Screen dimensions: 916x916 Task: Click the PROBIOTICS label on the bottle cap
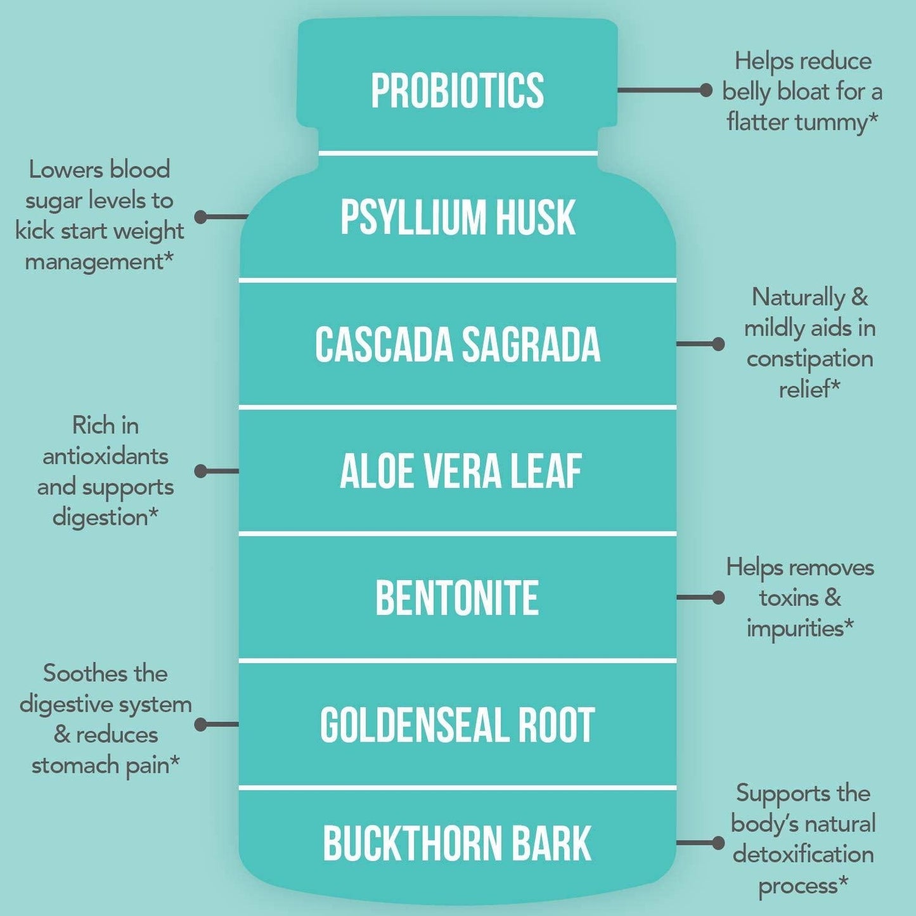click(457, 91)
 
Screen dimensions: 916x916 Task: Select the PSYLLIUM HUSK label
click(457, 217)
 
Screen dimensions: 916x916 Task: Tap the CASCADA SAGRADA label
click(457, 345)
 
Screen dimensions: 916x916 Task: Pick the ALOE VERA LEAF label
click(460, 472)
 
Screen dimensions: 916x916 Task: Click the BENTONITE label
click(457, 598)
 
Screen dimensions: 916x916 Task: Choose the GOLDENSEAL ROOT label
click(457, 725)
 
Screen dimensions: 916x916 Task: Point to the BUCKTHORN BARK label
click(457, 844)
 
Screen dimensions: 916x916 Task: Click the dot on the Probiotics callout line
click(706, 90)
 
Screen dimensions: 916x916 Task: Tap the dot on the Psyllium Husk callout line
click(201, 217)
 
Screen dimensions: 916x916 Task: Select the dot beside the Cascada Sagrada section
click(718, 344)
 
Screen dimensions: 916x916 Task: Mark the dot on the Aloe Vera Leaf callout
click(201, 471)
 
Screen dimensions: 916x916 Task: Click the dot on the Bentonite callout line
click(718, 597)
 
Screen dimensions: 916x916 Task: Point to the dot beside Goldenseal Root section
click(201, 724)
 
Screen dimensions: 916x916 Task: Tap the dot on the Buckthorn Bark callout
click(718, 842)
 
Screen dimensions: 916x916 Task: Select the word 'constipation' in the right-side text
click(810, 359)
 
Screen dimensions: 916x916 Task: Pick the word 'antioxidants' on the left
click(105, 456)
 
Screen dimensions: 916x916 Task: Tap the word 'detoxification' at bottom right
click(803, 855)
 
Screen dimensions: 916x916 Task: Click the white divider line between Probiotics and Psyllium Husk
click(458, 153)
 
